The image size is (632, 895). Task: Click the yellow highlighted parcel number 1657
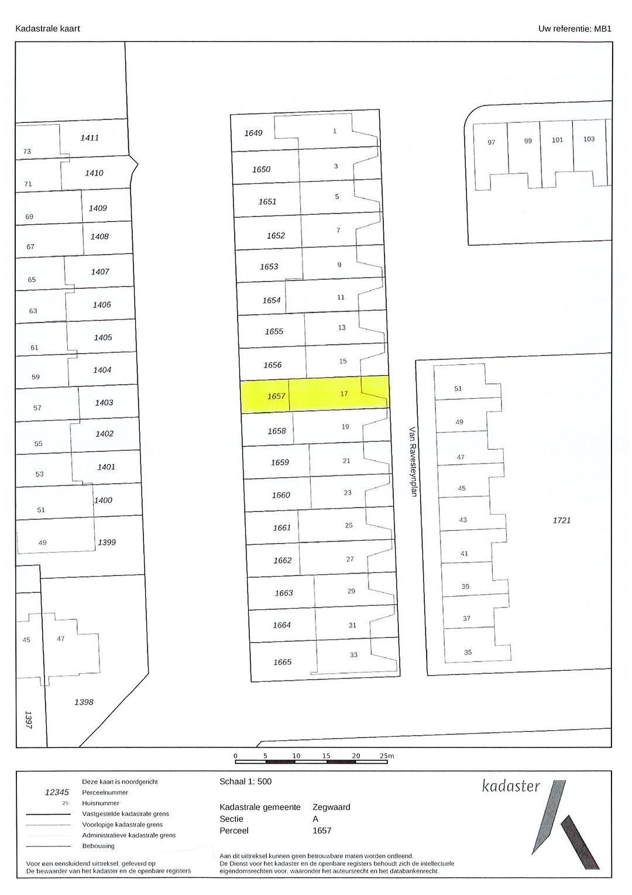276,396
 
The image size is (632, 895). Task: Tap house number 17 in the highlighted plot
344,394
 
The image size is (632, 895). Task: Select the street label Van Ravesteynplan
413,462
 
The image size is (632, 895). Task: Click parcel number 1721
561,520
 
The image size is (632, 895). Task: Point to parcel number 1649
253,133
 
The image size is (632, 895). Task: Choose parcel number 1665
282,662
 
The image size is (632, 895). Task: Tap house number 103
589,139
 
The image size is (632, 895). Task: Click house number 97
491,142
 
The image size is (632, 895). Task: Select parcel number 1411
90,138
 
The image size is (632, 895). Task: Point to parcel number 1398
84,702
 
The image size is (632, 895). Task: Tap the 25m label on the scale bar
387,756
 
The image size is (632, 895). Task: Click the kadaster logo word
511,786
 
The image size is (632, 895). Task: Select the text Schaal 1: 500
245,781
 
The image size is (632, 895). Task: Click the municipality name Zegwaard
331,807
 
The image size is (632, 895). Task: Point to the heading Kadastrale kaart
47,28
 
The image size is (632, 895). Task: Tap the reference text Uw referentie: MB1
575,28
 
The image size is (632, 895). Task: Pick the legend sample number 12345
57,793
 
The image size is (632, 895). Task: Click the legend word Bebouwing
98,846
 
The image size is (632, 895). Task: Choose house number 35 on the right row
468,653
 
